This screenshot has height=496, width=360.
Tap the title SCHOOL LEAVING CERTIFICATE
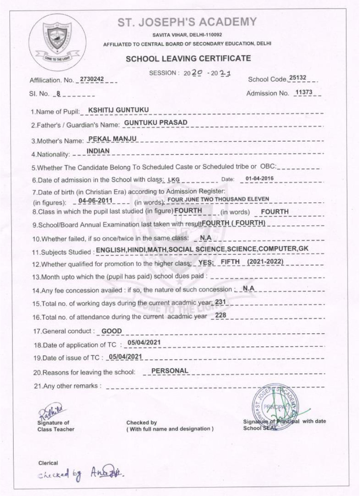[x=187, y=58]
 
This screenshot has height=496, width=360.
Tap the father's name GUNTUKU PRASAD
[x=150, y=123]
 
